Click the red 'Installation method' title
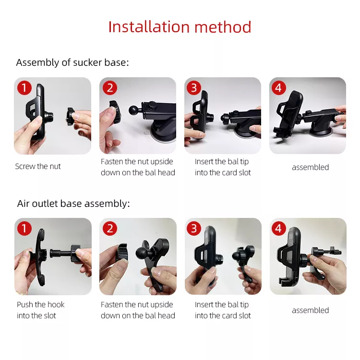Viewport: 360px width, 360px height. point(180,27)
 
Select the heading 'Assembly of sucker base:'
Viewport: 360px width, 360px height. point(72,62)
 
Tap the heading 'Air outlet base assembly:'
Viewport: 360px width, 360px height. point(73,204)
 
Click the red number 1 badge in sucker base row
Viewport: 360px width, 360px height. point(24,88)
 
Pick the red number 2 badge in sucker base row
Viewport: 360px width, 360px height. point(110,88)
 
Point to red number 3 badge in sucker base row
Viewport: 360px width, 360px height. point(194,88)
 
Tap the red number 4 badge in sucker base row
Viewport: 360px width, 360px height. point(278,88)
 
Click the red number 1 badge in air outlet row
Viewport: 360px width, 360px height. point(24,228)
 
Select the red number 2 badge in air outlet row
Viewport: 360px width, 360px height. point(110,228)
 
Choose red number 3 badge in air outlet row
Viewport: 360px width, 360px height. point(194,228)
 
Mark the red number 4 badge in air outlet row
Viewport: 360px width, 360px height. point(278,228)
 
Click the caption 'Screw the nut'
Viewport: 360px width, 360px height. point(38,167)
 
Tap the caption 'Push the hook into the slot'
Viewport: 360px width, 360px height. point(40,310)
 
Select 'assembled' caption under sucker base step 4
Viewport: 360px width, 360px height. point(310,168)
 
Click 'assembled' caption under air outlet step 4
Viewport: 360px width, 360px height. point(310,311)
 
